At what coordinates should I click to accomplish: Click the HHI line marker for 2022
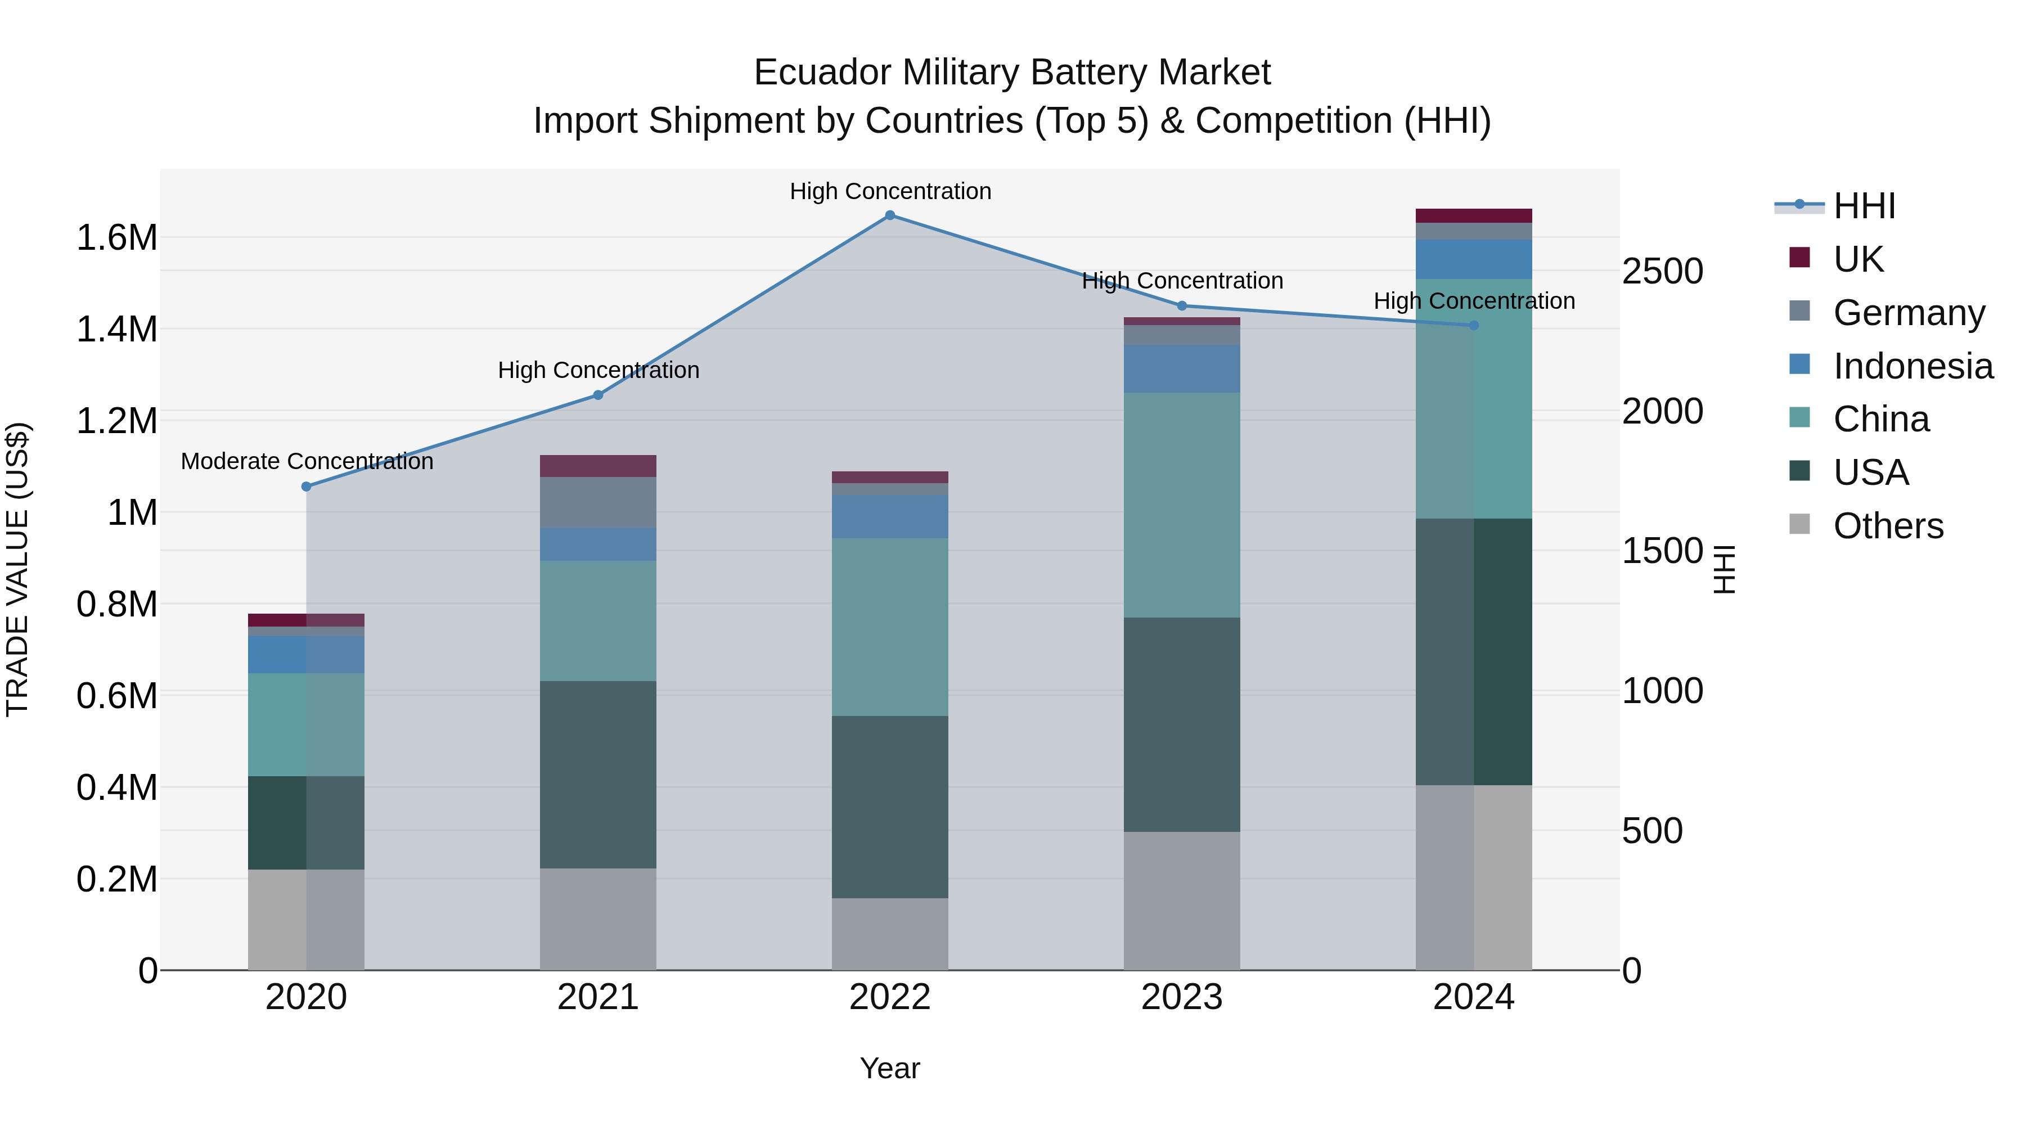click(x=890, y=215)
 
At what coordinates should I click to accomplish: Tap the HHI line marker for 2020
click(x=307, y=487)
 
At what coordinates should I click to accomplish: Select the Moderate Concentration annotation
click(x=307, y=461)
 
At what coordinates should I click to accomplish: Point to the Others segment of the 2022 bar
click(x=890, y=934)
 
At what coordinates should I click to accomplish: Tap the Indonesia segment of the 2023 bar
click(x=1181, y=368)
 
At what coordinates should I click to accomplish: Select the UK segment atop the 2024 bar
click(x=1473, y=216)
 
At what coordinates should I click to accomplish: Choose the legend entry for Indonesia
click(x=1912, y=366)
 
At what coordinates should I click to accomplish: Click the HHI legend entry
click(x=1863, y=206)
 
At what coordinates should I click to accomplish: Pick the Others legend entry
click(x=1887, y=526)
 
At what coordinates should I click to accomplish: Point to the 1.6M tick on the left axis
click(x=117, y=238)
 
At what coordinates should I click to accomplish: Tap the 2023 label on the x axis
click(x=1181, y=997)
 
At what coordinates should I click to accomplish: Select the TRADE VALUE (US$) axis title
click(x=17, y=569)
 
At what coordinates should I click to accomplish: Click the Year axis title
click(x=890, y=1068)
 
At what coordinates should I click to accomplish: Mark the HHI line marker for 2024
click(x=1473, y=326)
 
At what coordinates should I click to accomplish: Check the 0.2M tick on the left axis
click(x=117, y=880)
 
